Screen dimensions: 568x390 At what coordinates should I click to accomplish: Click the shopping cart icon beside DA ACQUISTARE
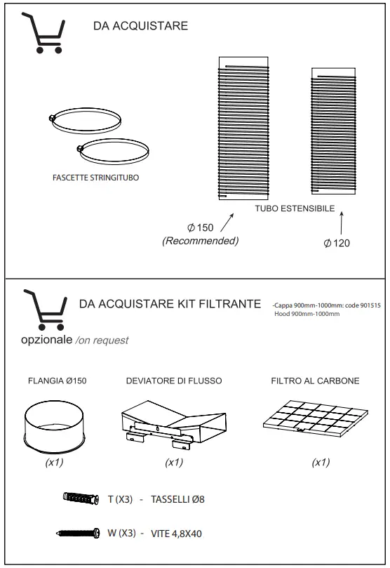pyautogui.click(x=43, y=33)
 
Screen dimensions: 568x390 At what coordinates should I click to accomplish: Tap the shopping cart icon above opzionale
pyautogui.click(x=44, y=310)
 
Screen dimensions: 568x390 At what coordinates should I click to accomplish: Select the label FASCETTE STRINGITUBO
pyautogui.click(x=95, y=178)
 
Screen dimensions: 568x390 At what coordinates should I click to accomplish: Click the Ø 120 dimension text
pyautogui.click(x=337, y=244)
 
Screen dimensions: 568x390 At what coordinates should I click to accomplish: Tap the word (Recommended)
pyautogui.click(x=201, y=241)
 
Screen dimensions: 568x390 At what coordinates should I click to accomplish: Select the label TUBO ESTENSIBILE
pyautogui.click(x=295, y=209)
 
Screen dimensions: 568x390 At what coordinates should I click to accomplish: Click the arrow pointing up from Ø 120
pyautogui.click(x=341, y=224)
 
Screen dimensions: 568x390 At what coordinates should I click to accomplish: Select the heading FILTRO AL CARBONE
pyautogui.click(x=315, y=381)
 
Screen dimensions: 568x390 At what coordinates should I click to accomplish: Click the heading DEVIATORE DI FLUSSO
pyautogui.click(x=174, y=381)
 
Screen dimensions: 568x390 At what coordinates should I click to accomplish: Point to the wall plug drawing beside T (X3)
pyautogui.click(x=82, y=499)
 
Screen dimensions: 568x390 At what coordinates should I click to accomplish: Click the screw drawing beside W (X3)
pyautogui.click(x=79, y=534)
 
